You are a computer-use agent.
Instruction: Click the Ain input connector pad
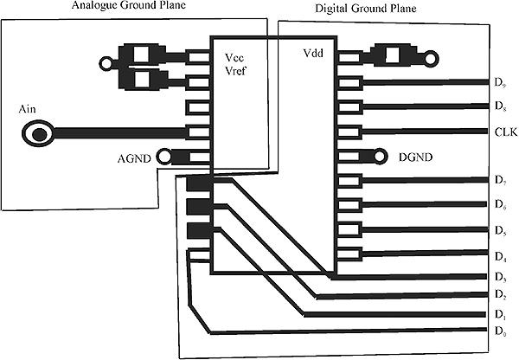point(38,133)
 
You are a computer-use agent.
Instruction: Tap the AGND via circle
point(163,157)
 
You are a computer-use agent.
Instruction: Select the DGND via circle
point(380,156)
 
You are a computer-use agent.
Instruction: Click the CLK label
point(506,132)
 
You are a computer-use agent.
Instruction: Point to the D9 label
point(500,82)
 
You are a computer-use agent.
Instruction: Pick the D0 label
point(500,331)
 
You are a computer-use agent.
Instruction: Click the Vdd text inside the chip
point(313,54)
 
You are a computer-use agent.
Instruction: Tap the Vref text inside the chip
point(235,71)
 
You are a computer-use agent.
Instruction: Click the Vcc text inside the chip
point(234,58)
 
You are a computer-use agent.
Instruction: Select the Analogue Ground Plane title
point(129,5)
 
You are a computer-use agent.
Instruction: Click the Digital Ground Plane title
point(365,9)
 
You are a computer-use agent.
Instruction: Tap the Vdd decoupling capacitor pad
point(393,55)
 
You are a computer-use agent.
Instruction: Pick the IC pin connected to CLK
point(349,132)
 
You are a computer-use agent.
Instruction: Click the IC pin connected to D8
point(349,107)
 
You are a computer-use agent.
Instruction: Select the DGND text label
point(415,157)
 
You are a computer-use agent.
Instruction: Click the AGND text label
point(134,159)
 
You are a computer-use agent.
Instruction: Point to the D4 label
point(500,257)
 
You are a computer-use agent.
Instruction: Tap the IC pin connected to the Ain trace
point(198,132)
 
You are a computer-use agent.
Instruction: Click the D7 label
point(500,180)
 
